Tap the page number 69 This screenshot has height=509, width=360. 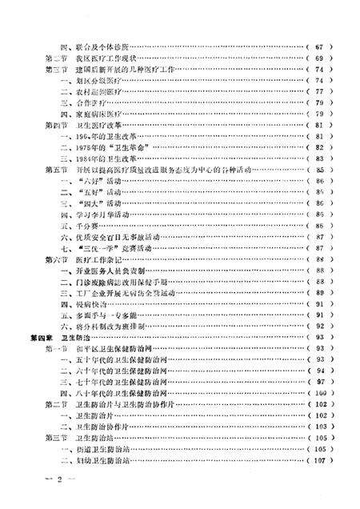tap(319, 59)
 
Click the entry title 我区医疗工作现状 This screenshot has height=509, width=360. tap(99, 59)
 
